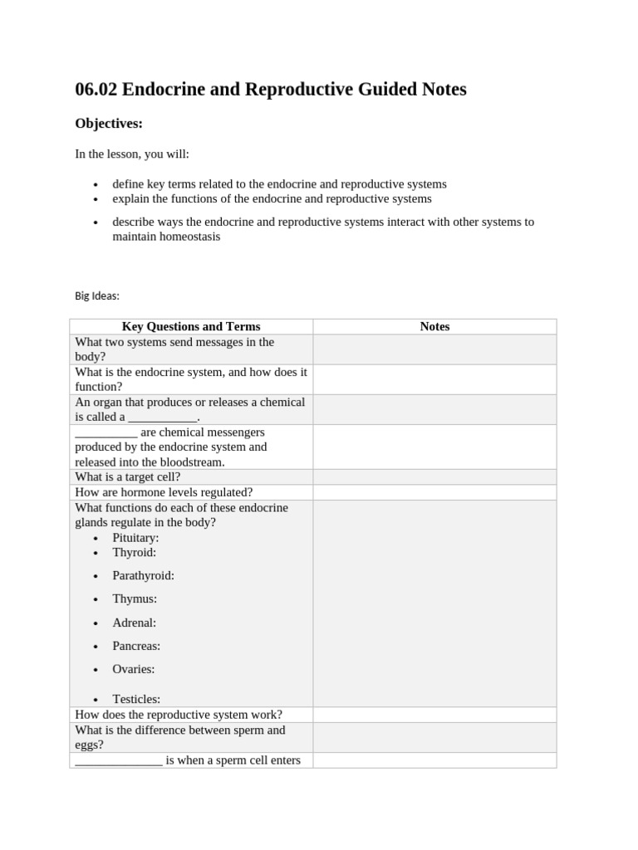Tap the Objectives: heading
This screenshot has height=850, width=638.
(109, 124)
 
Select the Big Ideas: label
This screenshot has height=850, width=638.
(97, 296)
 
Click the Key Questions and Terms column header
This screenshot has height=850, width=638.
(191, 326)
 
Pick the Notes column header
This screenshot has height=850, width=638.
(434, 326)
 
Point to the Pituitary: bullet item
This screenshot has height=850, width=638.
(135, 537)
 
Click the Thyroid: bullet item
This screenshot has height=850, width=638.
(134, 552)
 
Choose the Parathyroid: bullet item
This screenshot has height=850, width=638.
(143, 575)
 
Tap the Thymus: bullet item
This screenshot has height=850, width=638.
(135, 598)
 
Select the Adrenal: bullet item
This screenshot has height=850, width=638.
(134, 622)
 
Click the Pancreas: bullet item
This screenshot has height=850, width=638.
(136, 645)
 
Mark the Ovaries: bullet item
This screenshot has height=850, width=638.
(133, 668)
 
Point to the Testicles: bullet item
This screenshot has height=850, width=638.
(136, 699)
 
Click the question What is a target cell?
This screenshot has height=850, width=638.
(127, 476)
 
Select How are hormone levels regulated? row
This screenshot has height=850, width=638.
(164, 492)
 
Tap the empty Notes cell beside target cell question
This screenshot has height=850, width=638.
(434, 476)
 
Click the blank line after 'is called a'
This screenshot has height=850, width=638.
(163, 418)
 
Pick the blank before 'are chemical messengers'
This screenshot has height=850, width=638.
(106, 433)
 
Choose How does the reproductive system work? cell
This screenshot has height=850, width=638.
(179, 714)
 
